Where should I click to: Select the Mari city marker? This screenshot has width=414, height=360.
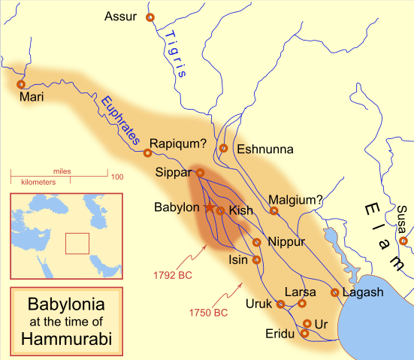click(x=20, y=84)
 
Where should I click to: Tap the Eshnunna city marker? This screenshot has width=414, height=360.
click(x=223, y=148)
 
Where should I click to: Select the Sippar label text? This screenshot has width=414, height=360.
click(x=174, y=172)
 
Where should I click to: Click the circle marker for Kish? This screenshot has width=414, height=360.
click(x=220, y=210)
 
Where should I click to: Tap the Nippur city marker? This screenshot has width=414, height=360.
click(x=257, y=242)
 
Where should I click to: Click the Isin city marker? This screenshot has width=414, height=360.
click(x=257, y=260)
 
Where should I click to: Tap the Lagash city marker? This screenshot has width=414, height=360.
click(x=334, y=292)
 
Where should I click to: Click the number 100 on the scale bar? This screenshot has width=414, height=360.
click(x=117, y=177)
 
